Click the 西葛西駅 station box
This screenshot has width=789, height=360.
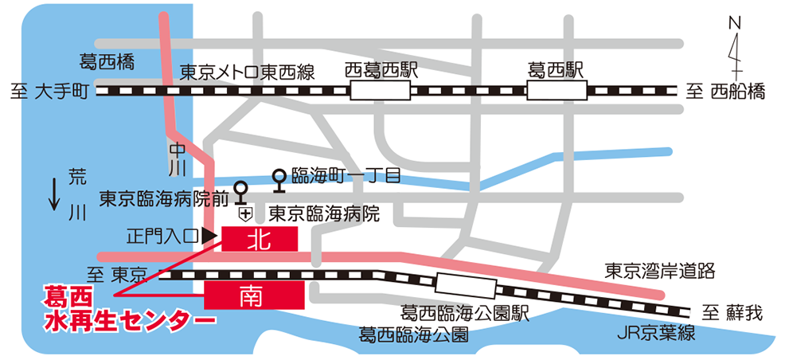click(x=381, y=92)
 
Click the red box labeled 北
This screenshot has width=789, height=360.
click(x=260, y=237)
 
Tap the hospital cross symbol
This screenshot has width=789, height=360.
click(x=245, y=213)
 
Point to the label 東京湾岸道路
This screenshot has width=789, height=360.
click(x=660, y=271)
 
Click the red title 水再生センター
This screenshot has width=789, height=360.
click(x=131, y=319)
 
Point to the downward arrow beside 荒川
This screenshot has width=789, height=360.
click(x=54, y=194)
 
